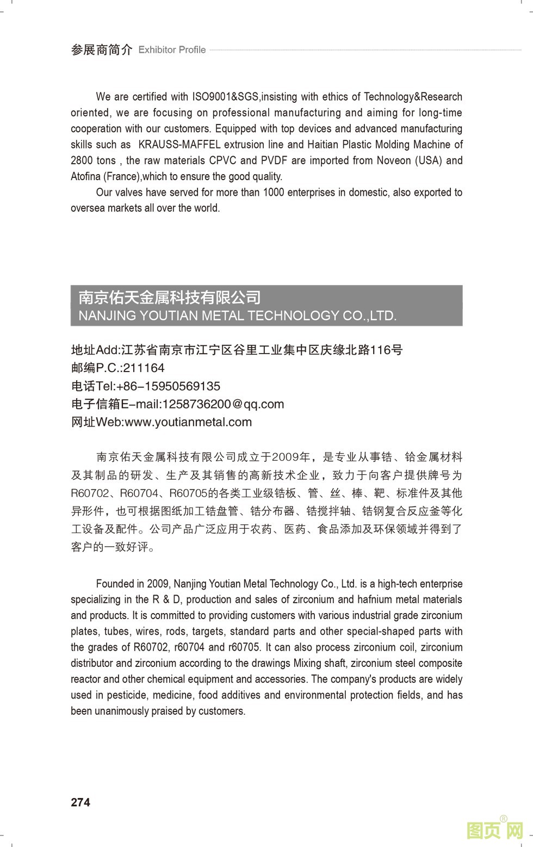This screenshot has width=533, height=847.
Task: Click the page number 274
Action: [x=80, y=802]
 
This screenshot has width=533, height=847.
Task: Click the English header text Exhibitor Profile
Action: [x=172, y=50]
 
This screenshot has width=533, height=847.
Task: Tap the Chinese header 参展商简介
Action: [x=102, y=50]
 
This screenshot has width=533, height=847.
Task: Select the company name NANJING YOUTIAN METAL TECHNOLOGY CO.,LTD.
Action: [x=238, y=316]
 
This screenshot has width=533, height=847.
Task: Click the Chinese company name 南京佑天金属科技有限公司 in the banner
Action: [x=170, y=297]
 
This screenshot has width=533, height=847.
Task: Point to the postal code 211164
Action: [x=144, y=368]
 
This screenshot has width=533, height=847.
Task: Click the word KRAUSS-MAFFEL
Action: [x=179, y=145]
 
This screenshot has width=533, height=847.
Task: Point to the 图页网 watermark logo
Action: [x=494, y=830]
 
